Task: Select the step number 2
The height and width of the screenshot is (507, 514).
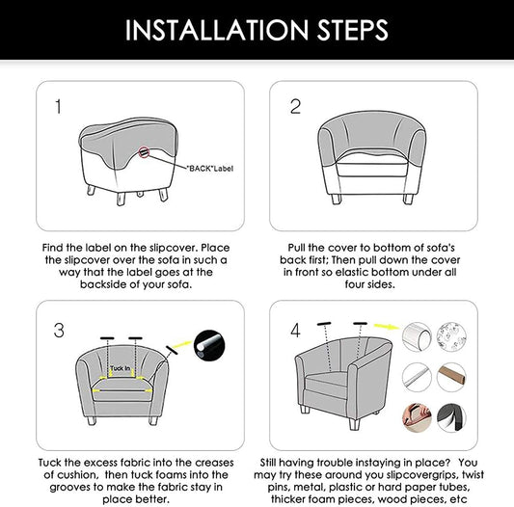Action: [296, 107]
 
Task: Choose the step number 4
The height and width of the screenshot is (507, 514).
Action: [296, 331]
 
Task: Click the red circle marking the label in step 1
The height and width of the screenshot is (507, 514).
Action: [144, 151]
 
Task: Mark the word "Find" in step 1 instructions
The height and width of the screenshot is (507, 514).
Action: [54, 248]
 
